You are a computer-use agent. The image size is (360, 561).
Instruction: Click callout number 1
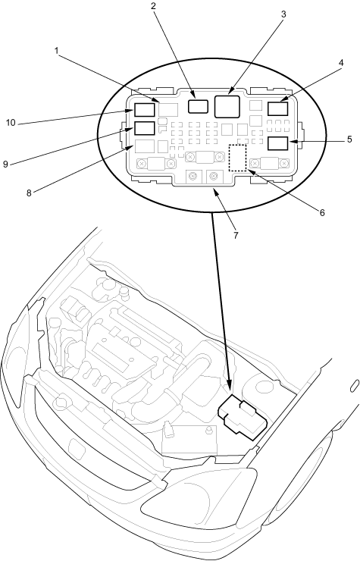57,51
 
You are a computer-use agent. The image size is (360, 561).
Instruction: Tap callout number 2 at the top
153,6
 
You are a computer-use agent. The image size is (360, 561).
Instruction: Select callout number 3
283,14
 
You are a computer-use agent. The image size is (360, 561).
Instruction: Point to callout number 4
341,63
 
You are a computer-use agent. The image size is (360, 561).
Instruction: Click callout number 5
349,139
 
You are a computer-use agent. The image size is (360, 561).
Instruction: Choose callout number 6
322,213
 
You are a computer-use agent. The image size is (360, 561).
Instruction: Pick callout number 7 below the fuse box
236,236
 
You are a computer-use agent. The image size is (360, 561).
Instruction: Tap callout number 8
29,193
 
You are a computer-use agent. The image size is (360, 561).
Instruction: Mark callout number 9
5,165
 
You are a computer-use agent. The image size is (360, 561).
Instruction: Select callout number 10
11,123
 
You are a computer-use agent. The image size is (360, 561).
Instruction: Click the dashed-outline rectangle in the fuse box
238,145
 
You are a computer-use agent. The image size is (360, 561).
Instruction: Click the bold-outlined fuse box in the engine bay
242,417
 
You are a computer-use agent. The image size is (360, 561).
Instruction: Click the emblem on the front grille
76,447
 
